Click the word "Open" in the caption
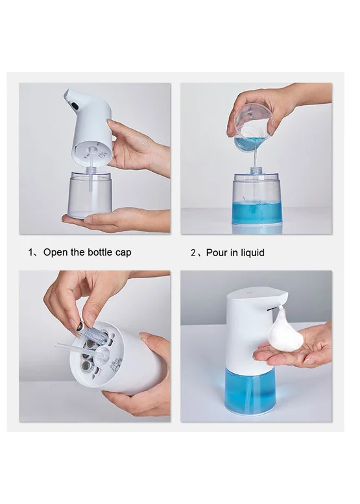56,252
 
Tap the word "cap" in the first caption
123,253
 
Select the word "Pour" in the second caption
217,252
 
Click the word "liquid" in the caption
252,253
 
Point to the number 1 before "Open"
30,252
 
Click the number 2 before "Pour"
193,253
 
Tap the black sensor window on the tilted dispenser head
75,105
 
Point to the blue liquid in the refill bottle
257,213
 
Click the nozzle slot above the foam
272,309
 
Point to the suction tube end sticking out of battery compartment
58,346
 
